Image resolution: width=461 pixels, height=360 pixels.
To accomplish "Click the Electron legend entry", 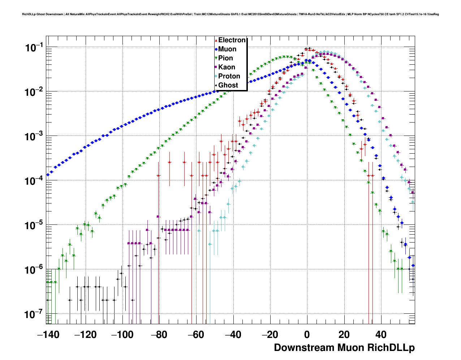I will point(232,40).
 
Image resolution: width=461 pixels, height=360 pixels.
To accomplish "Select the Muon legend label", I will point(227,49).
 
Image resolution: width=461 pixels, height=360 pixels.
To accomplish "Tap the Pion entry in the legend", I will point(225,58).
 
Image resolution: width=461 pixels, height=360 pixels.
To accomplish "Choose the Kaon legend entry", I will point(227,67).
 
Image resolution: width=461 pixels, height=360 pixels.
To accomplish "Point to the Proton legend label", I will point(229,76).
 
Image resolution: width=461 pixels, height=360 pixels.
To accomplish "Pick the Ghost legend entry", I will point(228,85).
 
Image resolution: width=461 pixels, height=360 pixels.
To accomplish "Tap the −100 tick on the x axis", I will point(122,335).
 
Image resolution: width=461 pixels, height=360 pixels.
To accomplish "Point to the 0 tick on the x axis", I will point(307,335).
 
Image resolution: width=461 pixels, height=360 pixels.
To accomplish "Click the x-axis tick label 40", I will point(381,335).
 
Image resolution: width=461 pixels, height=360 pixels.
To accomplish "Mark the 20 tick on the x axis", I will point(344,335).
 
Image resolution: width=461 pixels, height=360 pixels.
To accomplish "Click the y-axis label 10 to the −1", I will point(34,47).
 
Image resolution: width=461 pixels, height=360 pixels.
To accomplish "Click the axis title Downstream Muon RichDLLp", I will point(344,348).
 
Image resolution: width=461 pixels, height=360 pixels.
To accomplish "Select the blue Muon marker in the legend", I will point(216,49).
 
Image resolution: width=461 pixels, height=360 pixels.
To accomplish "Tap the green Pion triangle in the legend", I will point(216,58).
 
